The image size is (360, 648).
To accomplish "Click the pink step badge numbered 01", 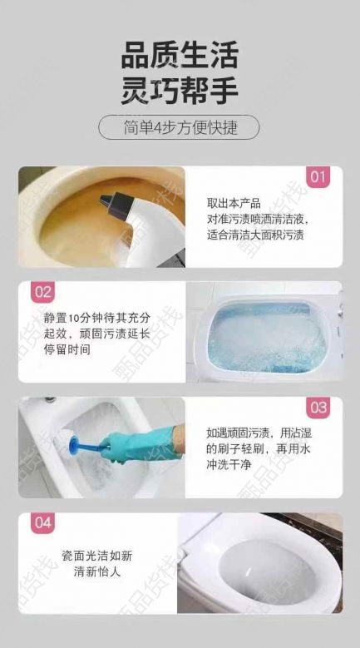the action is tap(318, 177).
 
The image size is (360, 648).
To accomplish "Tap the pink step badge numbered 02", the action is tap(42, 292).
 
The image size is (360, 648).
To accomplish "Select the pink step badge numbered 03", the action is tap(318, 408).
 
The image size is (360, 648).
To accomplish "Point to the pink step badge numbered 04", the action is tap(42, 522).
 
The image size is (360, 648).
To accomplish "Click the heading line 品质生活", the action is tap(180, 56).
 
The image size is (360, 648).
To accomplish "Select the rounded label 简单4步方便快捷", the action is tap(180, 127).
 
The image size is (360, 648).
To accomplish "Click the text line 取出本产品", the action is tap(234, 203).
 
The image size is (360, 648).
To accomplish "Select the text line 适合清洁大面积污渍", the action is tap(255, 235).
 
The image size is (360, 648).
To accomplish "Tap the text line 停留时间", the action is tap(67, 349).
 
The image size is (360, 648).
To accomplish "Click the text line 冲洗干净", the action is tap(229, 464).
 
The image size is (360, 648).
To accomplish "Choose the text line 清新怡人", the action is tap(97, 571).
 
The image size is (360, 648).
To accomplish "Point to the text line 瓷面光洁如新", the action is tap(97, 556).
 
